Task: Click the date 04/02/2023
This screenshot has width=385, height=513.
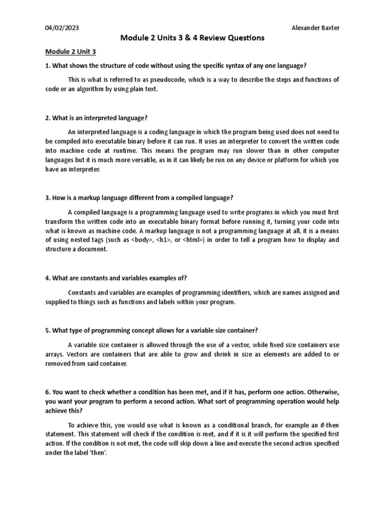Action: (x=61, y=28)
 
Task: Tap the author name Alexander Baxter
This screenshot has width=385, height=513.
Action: (x=315, y=28)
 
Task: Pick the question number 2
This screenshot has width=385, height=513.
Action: (x=47, y=118)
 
